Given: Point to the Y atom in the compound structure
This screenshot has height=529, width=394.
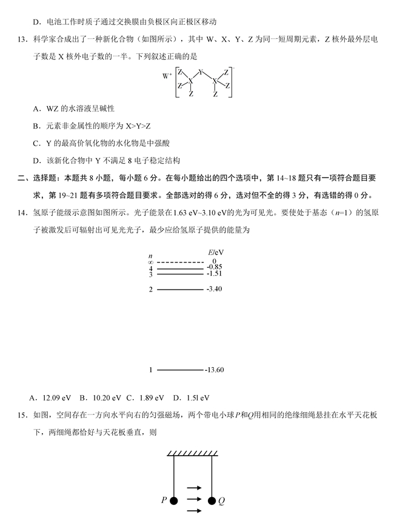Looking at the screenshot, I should coord(201,72).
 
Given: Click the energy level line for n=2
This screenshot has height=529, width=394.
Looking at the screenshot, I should coord(181,289).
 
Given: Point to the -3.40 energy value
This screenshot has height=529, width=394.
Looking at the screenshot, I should coord(215,289).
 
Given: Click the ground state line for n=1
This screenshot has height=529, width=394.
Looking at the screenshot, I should coord(181,369).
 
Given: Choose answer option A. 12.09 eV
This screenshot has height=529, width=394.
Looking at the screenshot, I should coord(50,398).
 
